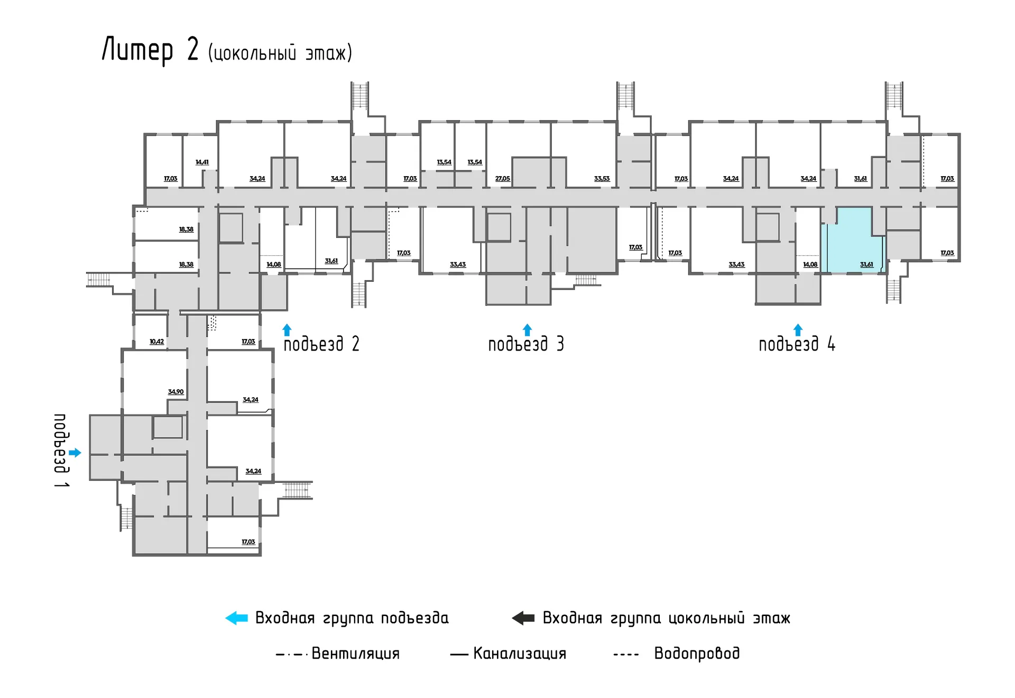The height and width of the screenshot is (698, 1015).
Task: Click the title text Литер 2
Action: [x=150, y=50]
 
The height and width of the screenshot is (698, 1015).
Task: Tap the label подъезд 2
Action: [x=321, y=344]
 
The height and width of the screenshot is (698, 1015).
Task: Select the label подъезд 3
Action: [x=526, y=344]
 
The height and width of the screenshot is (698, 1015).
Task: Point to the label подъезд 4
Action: [x=797, y=344]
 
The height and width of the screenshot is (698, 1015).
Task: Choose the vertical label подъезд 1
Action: [x=61, y=451]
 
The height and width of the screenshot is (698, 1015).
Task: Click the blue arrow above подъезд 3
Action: [x=527, y=330]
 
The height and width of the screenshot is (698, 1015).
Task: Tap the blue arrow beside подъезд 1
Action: [x=75, y=453]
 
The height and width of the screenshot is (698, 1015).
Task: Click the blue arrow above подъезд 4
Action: [x=798, y=330]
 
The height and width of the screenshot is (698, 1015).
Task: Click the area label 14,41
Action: [x=202, y=162]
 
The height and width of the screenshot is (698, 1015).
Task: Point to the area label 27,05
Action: [x=503, y=179]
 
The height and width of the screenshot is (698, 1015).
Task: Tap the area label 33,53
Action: [x=602, y=179]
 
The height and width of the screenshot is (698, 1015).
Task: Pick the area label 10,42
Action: [x=157, y=342]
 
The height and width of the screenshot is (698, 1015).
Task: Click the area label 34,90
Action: [x=176, y=392]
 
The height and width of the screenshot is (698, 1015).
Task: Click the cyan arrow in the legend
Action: [x=236, y=618]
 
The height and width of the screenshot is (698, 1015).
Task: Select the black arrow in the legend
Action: [x=523, y=618]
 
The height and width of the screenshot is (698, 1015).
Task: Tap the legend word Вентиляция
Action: [x=356, y=654]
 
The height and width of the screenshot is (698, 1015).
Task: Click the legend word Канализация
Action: [x=520, y=654]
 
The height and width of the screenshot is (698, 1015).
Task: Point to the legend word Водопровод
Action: [x=697, y=654]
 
